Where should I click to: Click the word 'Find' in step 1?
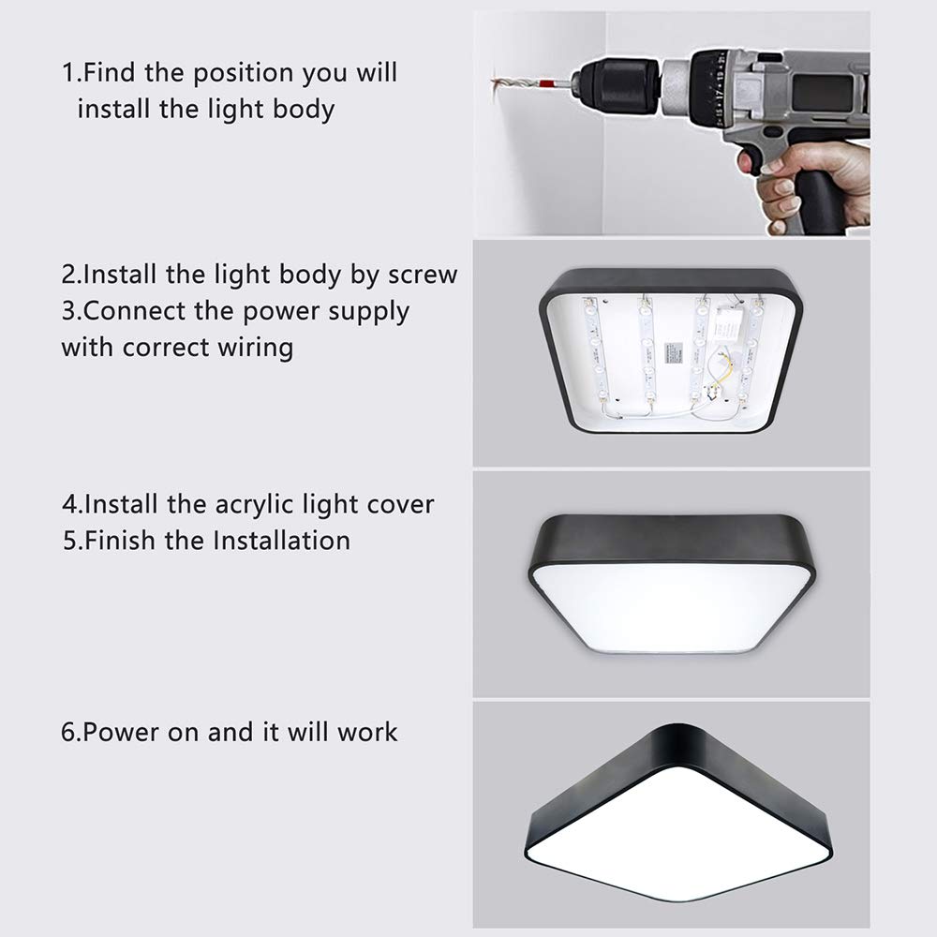(x=124, y=72)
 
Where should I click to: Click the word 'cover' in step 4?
(x=400, y=504)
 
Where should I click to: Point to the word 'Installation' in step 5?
(x=282, y=541)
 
